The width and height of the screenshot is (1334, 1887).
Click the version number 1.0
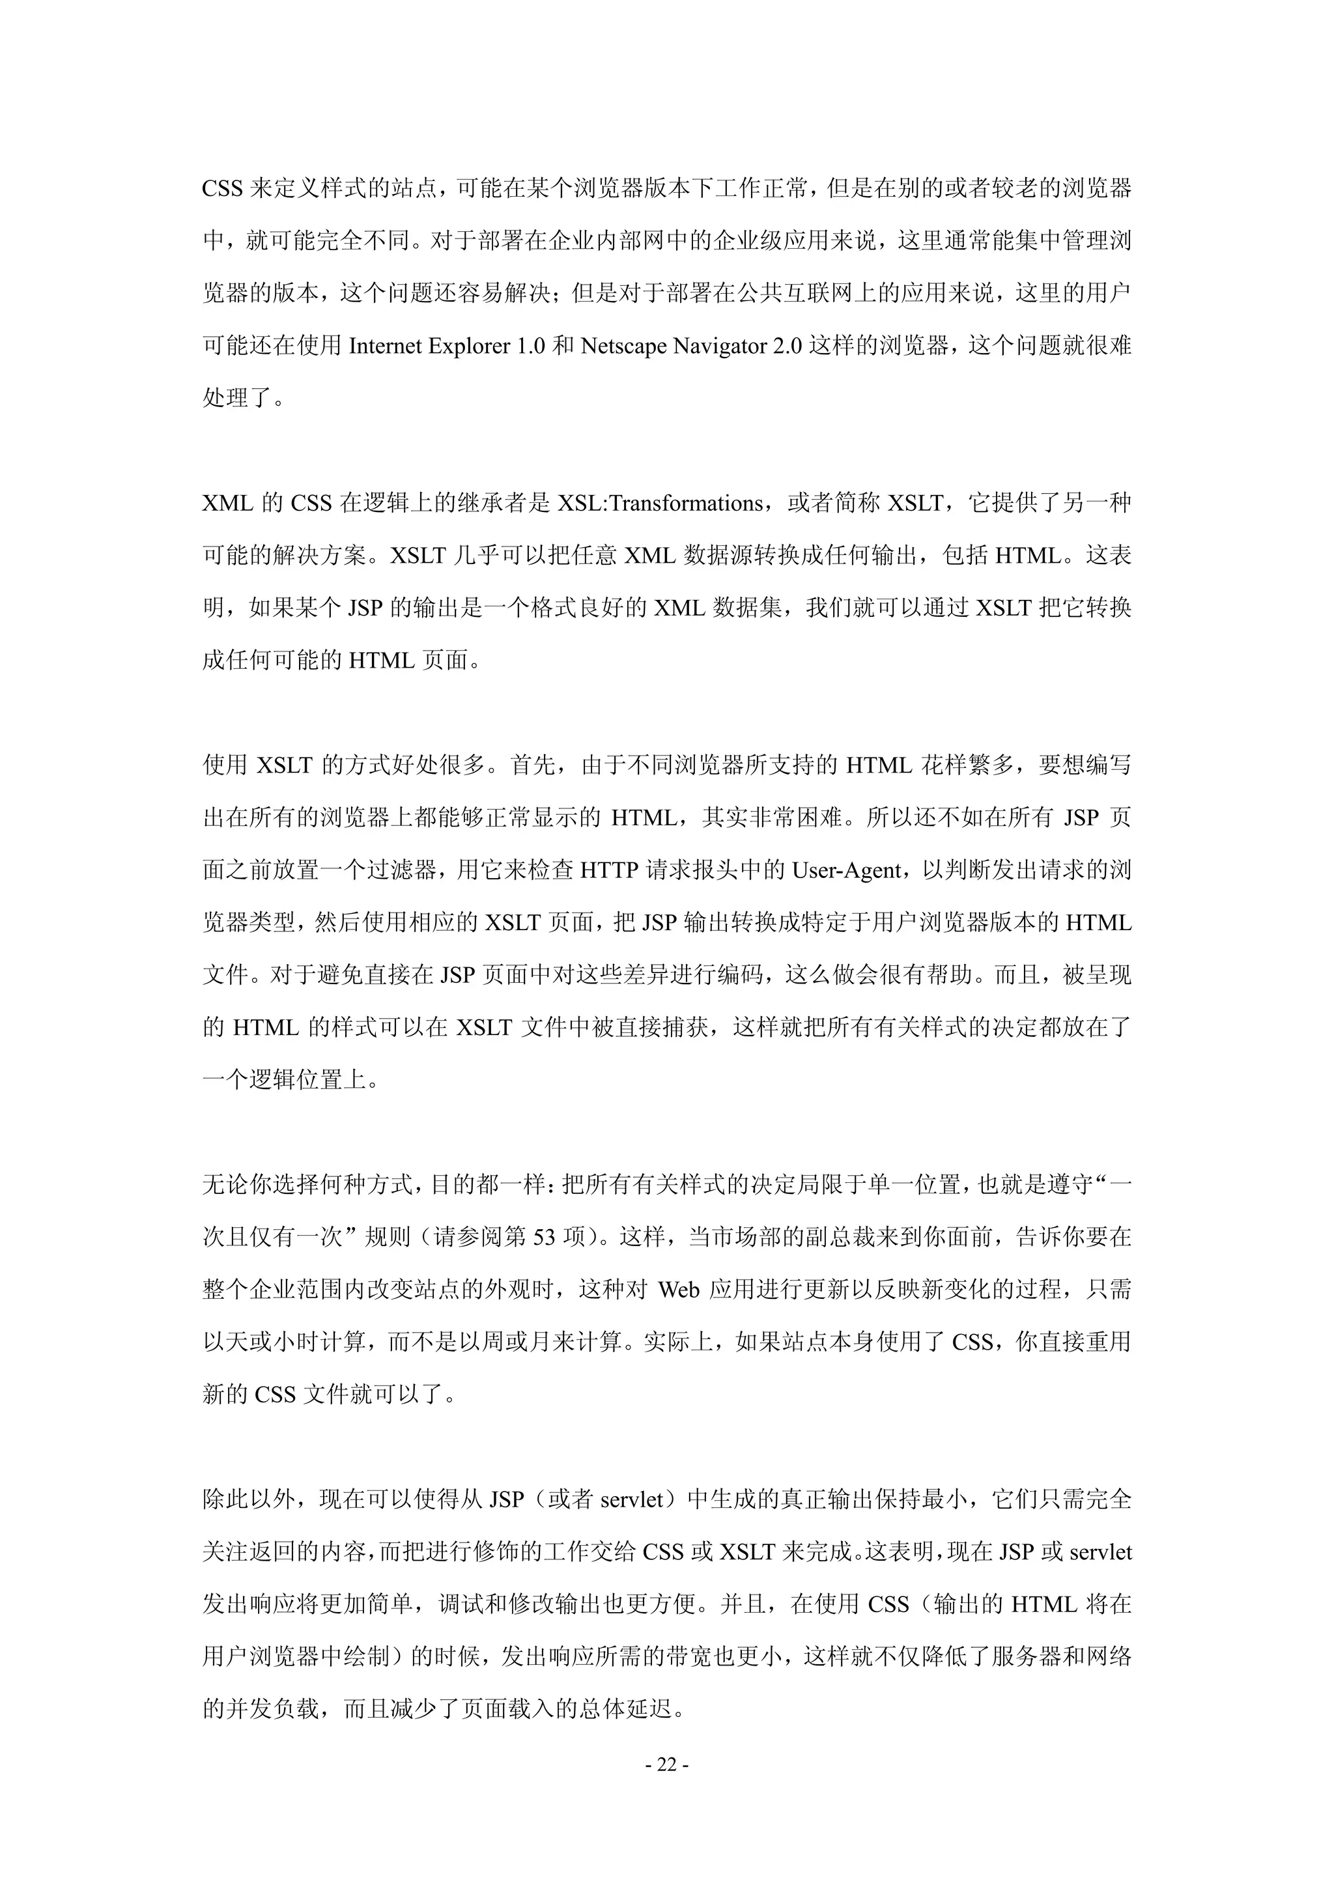[x=530, y=346]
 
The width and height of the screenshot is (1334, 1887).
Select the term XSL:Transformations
[x=660, y=503]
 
